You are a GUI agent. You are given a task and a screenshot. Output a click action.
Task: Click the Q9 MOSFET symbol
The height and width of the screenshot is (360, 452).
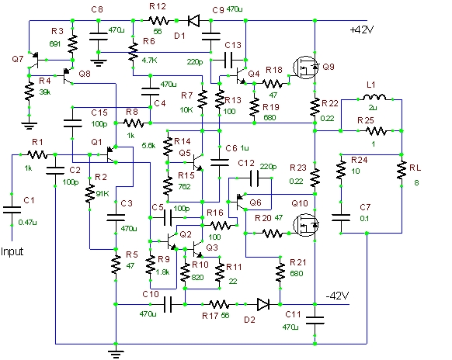tap(305, 67)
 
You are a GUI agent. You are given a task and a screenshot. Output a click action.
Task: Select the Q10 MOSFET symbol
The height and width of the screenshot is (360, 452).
tap(305, 225)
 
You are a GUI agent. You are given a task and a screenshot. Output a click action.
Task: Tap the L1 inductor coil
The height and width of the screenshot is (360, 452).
tap(374, 97)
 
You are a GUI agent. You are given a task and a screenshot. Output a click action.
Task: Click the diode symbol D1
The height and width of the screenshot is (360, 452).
tap(193, 21)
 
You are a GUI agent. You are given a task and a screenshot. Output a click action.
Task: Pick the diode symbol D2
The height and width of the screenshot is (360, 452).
tap(263, 304)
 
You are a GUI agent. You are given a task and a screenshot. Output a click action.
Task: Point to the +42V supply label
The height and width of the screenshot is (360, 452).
tap(362, 30)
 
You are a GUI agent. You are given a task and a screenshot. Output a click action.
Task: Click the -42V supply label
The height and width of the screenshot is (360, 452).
tap(337, 296)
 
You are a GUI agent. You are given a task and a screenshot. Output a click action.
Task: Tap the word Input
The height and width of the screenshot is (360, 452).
tap(12, 251)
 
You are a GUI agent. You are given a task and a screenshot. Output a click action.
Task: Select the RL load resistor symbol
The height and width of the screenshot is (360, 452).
tap(402, 171)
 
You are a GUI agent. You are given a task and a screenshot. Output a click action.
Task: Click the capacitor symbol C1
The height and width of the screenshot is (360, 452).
tap(12, 209)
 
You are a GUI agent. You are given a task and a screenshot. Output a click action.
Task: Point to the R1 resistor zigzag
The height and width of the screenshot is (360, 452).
tap(37, 155)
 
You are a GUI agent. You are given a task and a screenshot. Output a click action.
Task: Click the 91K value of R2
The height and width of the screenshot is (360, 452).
tap(103, 194)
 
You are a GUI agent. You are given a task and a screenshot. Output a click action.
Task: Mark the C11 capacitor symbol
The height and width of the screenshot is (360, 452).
tap(315, 320)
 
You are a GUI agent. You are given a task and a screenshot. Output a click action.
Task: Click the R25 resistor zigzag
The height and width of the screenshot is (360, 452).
tap(376, 131)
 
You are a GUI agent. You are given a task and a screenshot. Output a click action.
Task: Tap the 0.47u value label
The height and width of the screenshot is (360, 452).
tap(27, 223)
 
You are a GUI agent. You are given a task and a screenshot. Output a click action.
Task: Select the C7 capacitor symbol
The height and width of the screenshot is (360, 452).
tap(341, 217)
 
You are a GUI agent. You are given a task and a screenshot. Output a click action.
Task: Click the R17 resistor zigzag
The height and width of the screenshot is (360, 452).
tap(219, 304)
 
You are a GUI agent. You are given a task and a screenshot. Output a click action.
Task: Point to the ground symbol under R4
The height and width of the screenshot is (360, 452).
tap(29, 125)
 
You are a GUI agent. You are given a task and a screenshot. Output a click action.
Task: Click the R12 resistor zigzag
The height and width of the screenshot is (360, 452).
tap(159, 21)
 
